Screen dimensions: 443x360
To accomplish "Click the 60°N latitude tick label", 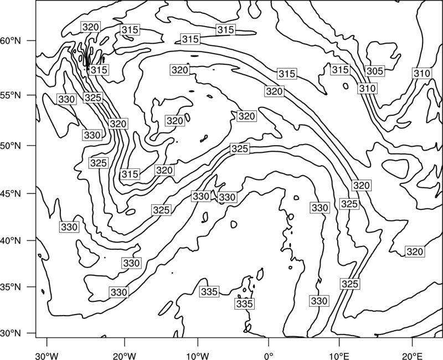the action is click(11, 40).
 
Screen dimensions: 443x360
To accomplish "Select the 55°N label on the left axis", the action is click(11, 95).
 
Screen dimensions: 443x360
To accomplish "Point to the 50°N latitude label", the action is click(11, 146).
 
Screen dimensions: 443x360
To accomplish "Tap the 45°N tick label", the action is click(11, 193).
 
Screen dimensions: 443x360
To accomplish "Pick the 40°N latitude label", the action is click(11, 240).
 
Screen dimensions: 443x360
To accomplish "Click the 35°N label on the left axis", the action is click(11, 287).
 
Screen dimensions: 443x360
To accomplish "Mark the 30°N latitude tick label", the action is click(11, 333).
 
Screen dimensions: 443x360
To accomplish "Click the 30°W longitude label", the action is click(47, 356).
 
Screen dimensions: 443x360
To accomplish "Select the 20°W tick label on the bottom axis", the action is click(124, 356).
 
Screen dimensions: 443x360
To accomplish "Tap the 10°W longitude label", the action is click(198, 356).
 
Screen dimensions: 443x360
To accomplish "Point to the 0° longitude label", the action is click(269, 356).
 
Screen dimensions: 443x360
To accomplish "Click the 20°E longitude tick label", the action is click(412, 356).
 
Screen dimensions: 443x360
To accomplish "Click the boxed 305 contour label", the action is click(375, 71).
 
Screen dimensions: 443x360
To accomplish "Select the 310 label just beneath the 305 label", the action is click(367, 89).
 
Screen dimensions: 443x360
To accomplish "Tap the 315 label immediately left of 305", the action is click(340, 70).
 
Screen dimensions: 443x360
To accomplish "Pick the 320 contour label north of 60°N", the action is click(90, 27).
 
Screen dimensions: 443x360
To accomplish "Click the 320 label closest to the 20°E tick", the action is click(414, 251).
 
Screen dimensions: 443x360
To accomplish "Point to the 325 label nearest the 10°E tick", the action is click(350, 284).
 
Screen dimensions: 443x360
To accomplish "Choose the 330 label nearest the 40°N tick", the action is click(69, 227).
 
